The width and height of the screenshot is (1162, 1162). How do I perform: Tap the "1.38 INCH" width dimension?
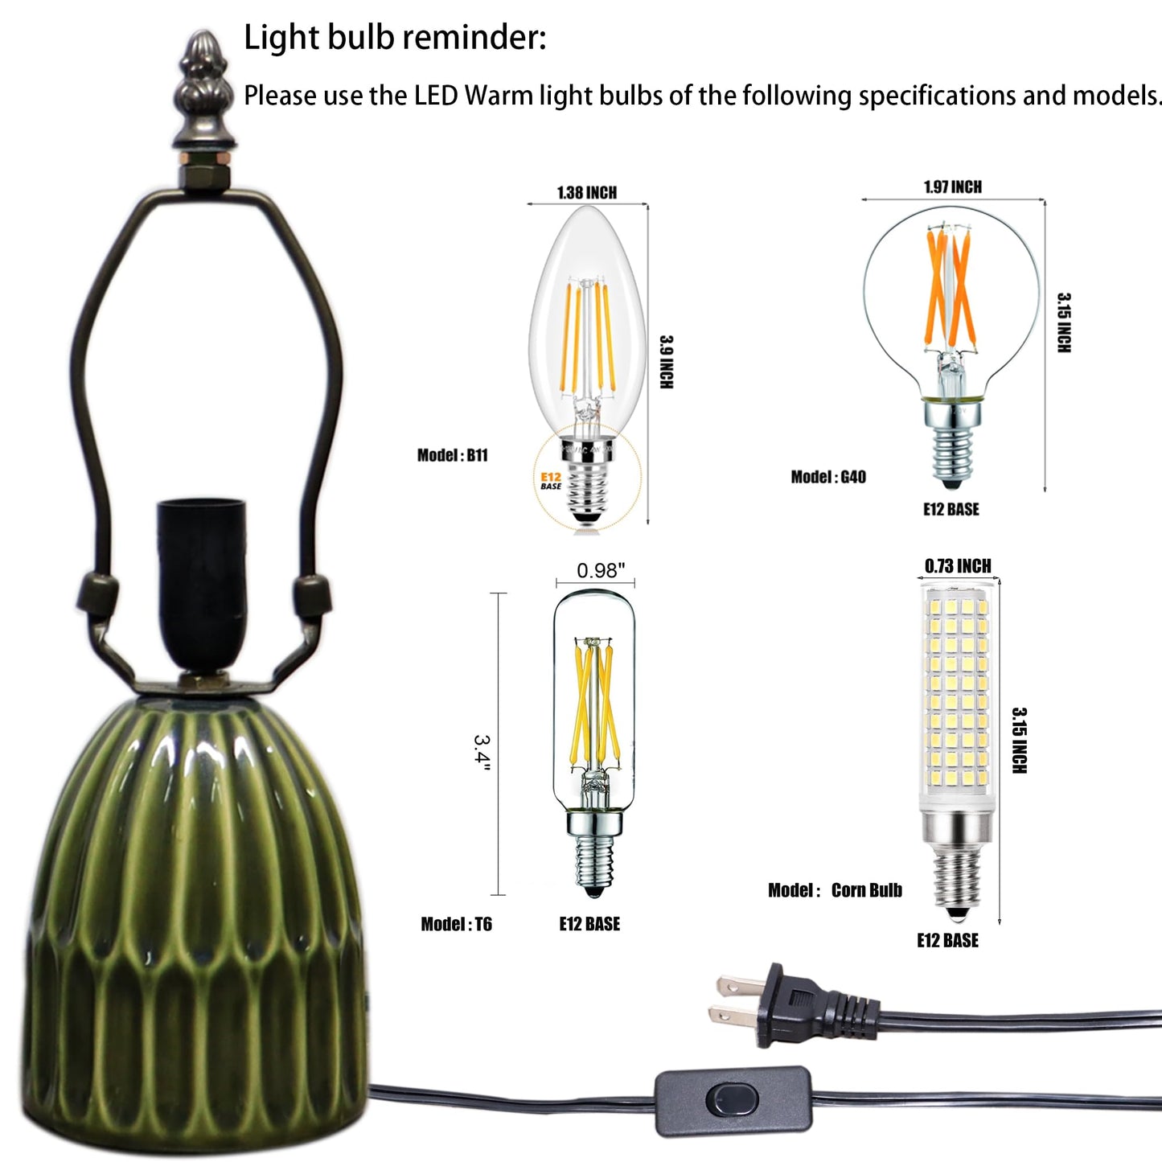tap(587, 193)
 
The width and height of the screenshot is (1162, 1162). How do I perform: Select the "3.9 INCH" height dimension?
tap(666, 362)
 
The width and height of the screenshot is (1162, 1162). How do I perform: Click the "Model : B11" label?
tap(452, 455)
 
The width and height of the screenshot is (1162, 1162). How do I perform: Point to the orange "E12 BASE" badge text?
tap(551, 481)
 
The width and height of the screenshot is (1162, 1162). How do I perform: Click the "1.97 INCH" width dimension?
tap(953, 187)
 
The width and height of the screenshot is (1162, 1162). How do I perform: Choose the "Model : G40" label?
tap(828, 477)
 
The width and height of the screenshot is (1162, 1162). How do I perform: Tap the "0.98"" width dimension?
tap(601, 570)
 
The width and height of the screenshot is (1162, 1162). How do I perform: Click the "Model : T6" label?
tap(456, 924)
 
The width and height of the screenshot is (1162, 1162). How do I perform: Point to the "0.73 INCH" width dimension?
tap(958, 566)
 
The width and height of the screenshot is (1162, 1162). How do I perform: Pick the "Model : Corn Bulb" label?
tap(836, 890)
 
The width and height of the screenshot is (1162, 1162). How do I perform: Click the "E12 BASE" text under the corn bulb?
tap(947, 941)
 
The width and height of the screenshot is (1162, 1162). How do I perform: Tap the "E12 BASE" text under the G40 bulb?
tap(951, 510)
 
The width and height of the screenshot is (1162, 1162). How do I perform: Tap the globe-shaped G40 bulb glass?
tap(951, 302)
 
